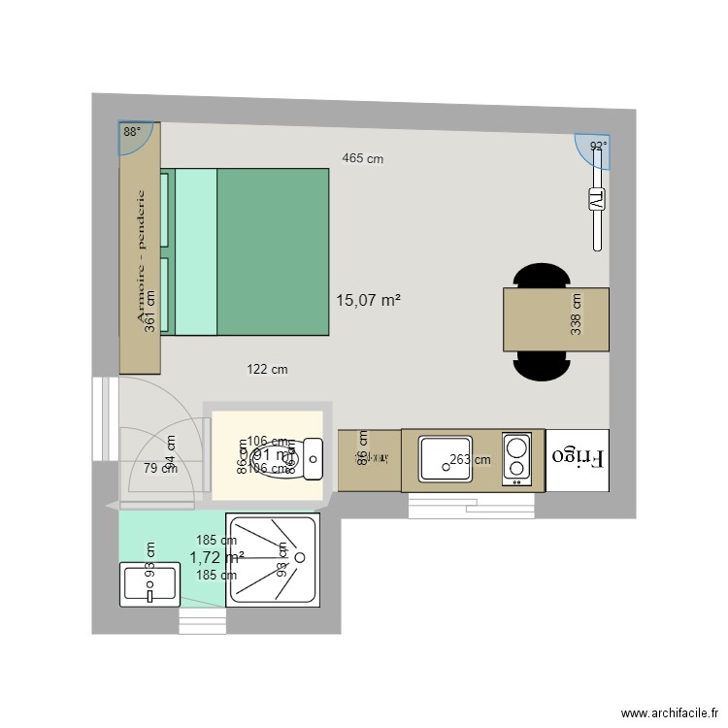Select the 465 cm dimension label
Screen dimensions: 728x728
(x=362, y=159)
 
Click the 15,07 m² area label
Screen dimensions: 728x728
(x=368, y=301)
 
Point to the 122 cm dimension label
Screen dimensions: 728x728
(x=267, y=369)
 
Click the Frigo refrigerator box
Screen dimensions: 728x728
(x=578, y=456)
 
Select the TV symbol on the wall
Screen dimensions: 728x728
(x=597, y=201)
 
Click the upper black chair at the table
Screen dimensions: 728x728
(x=541, y=276)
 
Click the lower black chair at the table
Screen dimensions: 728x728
(x=541, y=364)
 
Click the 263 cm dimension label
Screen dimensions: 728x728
(x=470, y=461)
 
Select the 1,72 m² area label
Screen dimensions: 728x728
(x=215, y=557)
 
